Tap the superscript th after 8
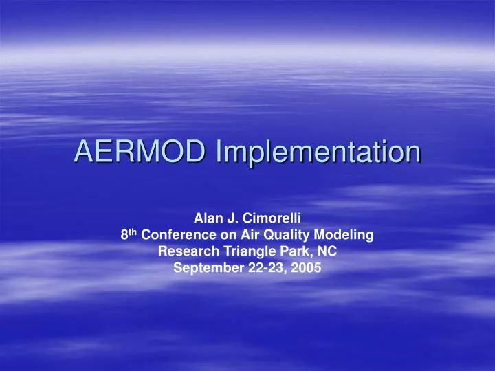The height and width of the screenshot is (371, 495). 133,232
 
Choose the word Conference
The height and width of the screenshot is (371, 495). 173,235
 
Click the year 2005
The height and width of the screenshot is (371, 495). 305,268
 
